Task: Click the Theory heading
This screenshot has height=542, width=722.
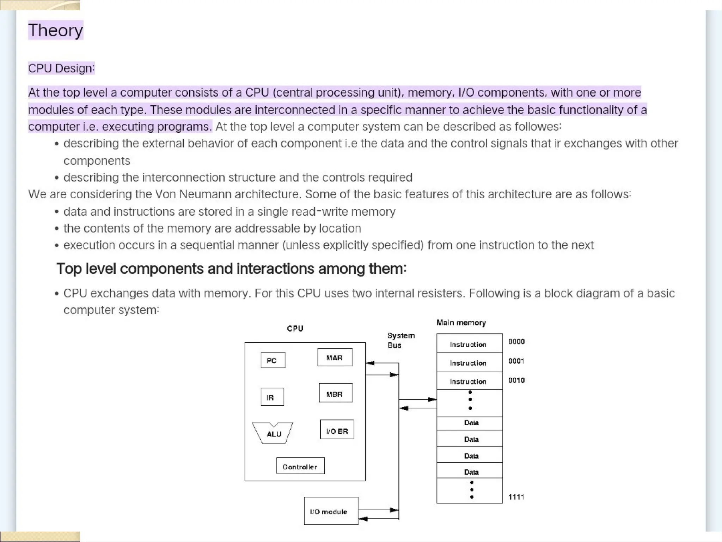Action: [x=55, y=30]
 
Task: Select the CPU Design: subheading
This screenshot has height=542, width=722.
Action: [x=61, y=68]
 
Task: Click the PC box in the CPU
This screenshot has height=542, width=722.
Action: [x=273, y=360]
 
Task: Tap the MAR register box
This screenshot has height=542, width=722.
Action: [x=335, y=357]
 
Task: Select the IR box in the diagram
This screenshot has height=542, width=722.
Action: [x=272, y=397]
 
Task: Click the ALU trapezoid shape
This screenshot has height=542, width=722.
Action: [x=273, y=433]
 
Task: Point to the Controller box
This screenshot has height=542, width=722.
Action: [x=300, y=466]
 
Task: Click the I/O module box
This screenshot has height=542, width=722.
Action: [x=331, y=511]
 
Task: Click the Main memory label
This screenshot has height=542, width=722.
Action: [x=461, y=323]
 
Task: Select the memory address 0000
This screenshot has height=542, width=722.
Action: [x=516, y=342]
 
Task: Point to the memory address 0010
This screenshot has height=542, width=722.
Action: [x=516, y=380]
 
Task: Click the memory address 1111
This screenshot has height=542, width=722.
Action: [x=516, y=497]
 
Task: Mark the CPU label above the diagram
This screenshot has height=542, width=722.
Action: [x=295, y=329]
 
